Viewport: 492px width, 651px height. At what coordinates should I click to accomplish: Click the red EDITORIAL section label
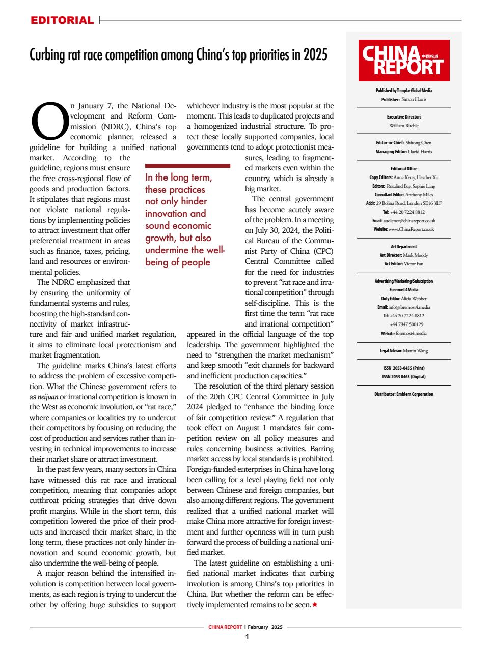click(x=62, y=20)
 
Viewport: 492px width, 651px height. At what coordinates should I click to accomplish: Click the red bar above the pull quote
click(x=187, y=166)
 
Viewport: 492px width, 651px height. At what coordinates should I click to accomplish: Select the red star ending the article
click(x=314, y=604)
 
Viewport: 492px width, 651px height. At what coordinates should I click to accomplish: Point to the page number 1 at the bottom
click(x=247, y=637)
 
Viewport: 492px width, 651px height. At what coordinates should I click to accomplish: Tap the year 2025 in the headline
click(x=315, y=54)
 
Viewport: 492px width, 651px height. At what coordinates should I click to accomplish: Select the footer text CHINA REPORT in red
click(x=225, y=627)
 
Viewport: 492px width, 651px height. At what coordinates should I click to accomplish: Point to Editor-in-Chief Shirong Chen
click(x=418, y=143)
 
